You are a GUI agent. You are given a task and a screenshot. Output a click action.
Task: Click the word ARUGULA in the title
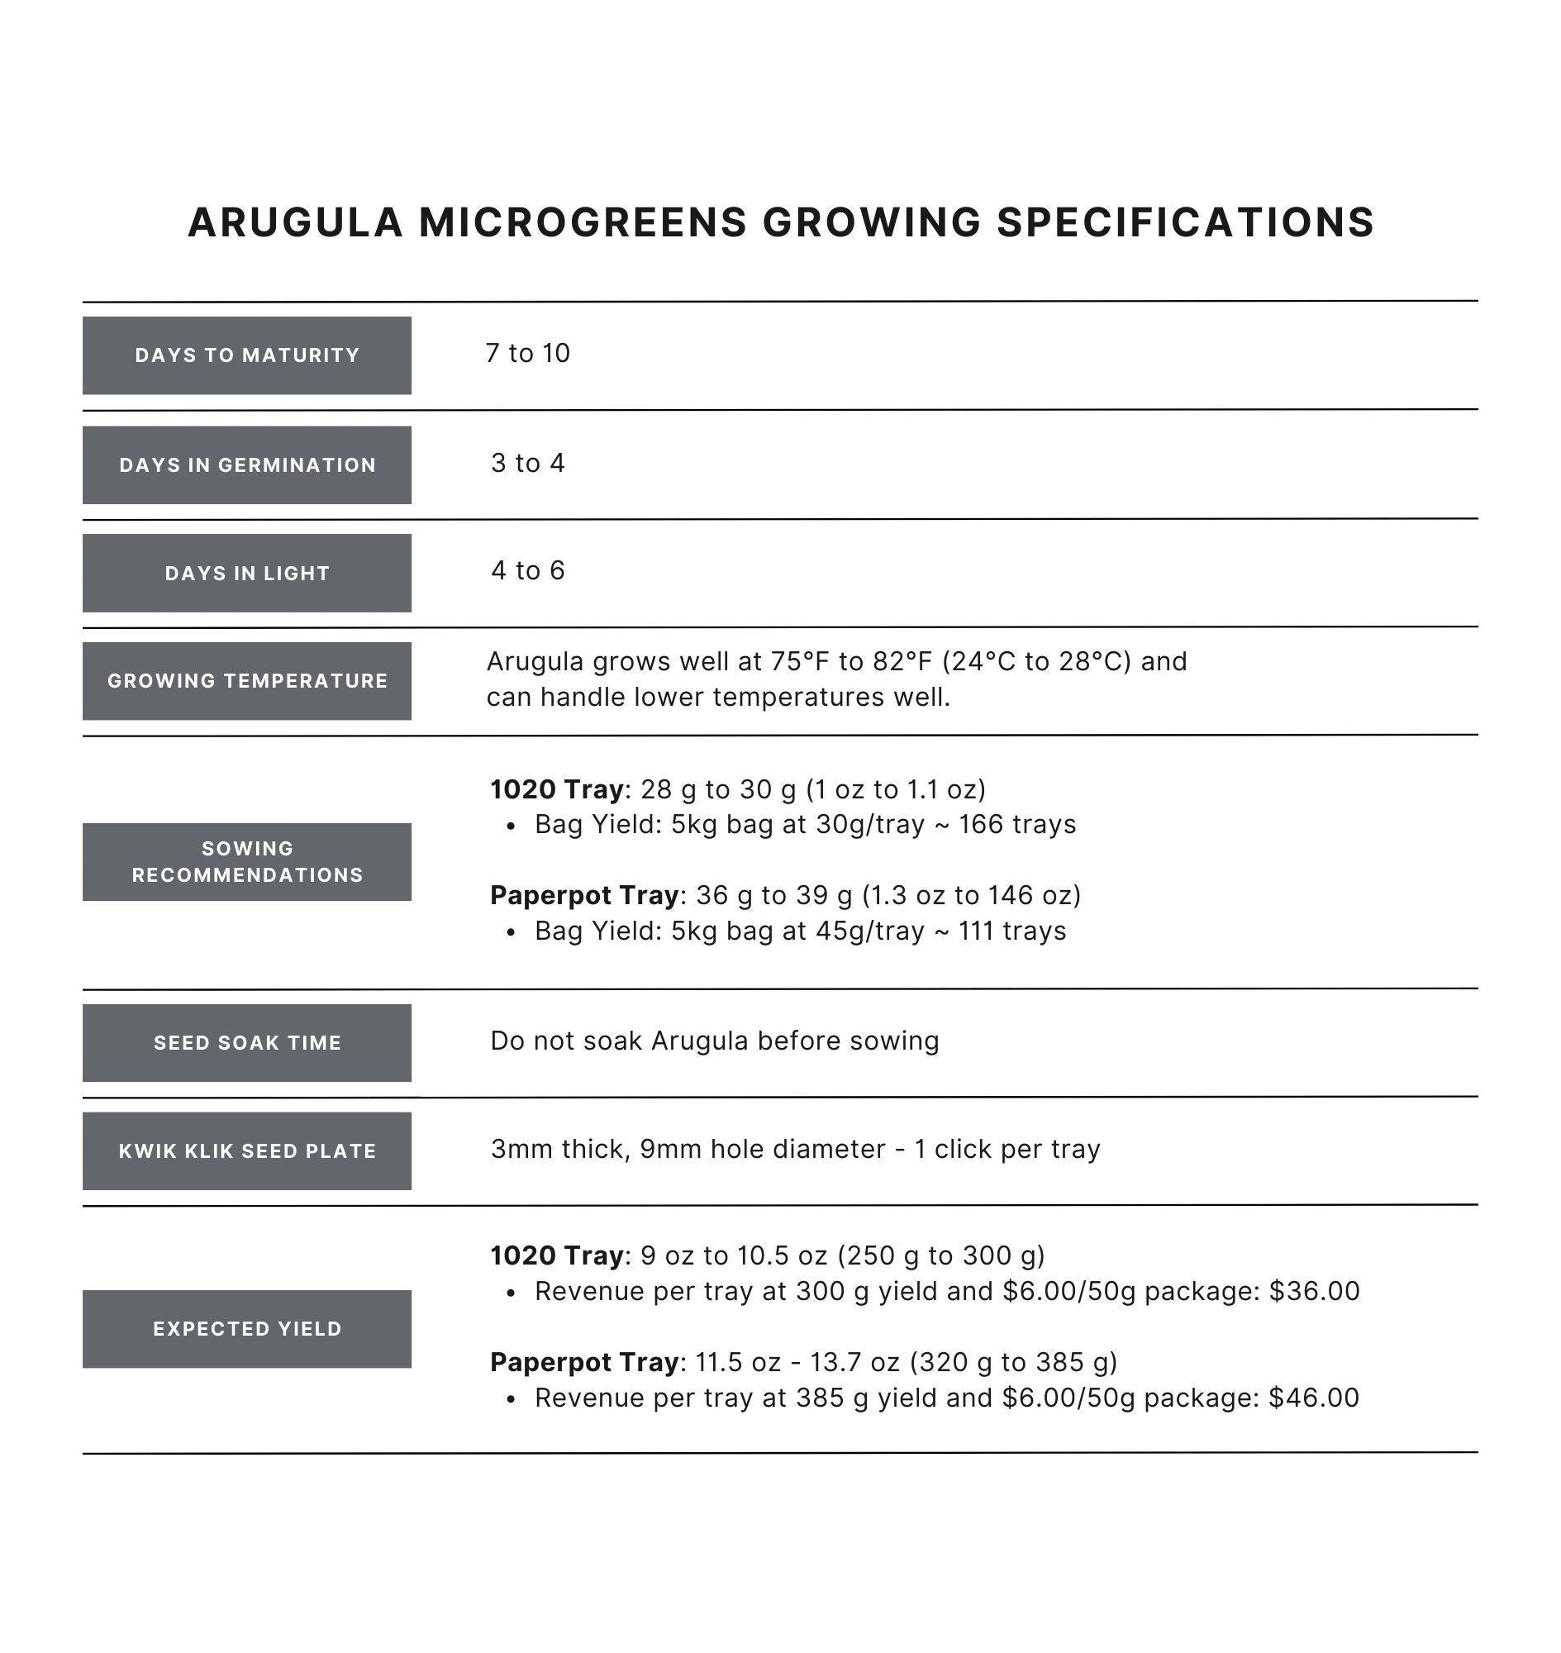coord(295,223)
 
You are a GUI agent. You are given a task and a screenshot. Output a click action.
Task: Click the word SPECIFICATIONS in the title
coord(1185,223)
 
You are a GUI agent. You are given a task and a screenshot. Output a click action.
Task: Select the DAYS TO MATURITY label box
coord(246,355)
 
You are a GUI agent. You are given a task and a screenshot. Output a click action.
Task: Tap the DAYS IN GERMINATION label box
coord(246,465)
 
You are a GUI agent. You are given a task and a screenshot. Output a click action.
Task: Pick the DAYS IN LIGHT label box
coord(246,574)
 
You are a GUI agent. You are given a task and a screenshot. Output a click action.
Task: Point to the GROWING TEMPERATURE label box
coord(246,681)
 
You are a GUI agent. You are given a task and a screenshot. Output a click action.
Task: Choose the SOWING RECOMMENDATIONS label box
coord(246,861)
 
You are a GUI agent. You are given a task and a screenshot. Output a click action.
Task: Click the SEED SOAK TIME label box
coord(246,1043)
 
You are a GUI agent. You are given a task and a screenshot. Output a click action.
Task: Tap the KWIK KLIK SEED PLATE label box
coord(246,1151)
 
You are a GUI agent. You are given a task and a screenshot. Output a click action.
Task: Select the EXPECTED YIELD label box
coord(246,1328)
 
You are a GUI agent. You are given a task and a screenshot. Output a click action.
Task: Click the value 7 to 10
coord(527,354)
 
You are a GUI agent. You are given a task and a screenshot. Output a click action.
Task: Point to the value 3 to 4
coord(527,464)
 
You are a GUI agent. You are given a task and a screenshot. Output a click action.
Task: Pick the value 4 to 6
coord(527,571)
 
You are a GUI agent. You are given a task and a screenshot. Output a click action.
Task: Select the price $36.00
coord(1314,1292)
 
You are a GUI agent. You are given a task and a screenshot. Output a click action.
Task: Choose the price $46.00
coord(1314,1398)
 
